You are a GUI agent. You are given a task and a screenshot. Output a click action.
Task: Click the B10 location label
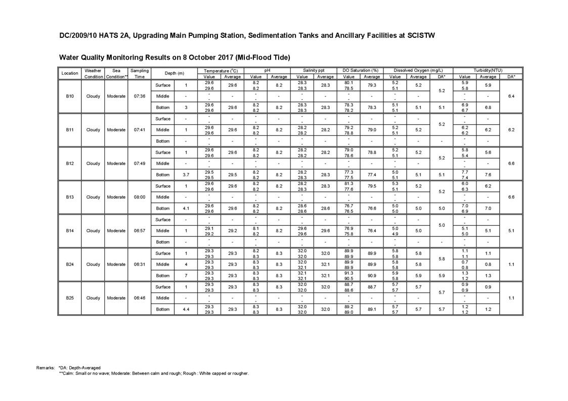coord(70,96)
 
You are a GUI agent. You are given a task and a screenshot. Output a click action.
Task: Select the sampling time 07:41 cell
coord(140,130)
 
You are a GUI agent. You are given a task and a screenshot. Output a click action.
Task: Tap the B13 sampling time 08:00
coord(140,197)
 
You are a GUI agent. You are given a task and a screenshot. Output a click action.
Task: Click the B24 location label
coord(70,264)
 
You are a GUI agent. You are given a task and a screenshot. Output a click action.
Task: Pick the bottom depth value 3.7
coord(186,175)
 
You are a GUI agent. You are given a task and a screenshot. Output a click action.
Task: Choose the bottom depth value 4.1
coord(186,208)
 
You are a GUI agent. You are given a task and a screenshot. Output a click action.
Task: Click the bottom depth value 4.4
coord(186,309)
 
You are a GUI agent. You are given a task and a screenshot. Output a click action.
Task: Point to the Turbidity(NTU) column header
coord(488,71)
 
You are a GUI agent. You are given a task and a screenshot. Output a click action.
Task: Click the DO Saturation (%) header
coord(361,71)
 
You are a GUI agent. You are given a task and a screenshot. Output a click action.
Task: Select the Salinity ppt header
coord(314,71)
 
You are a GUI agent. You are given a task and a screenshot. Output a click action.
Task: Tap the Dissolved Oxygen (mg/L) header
coord(418,71)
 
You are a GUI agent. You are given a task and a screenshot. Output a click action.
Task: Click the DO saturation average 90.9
coord(372,276)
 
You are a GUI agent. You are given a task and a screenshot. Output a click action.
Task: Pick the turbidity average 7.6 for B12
coord(488,175)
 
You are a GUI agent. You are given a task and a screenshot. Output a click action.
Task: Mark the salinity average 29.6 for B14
coord(325,231)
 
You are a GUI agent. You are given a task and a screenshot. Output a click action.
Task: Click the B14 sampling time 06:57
coord(140,231)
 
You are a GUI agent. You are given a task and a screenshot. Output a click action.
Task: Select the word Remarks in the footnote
coord(46,368)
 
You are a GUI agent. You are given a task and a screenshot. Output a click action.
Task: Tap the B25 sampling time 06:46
coord(140,298)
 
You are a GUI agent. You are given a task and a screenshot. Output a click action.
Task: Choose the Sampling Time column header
coord(140,74)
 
